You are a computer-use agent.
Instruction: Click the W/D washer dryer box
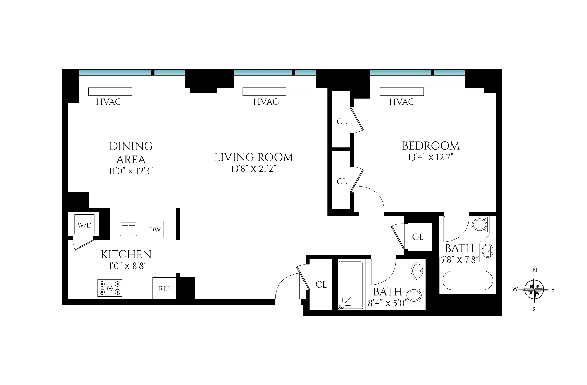click(84, 225)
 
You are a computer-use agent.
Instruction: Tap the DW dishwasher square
click(155, 229)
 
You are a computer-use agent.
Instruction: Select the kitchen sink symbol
click(128, 229)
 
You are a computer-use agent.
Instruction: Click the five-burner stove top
click(110, 288)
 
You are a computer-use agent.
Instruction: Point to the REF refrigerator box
click(165, 289)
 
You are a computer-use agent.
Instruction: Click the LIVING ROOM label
click(254, 157)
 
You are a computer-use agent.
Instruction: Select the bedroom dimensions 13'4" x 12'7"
click(431, 157)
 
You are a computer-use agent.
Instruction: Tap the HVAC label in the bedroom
click(402, 102)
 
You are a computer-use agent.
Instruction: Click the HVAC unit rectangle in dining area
click(110, 92)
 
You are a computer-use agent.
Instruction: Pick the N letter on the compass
click(535, 270)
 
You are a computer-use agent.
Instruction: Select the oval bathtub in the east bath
click(467, 280)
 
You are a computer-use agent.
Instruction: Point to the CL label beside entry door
click(321, 285)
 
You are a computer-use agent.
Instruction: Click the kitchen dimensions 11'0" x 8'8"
click(126, 266)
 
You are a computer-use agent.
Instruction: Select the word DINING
click(131, 146)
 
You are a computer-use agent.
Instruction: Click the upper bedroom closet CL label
click(342, 121)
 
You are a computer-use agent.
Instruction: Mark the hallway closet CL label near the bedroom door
click(418, 237)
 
